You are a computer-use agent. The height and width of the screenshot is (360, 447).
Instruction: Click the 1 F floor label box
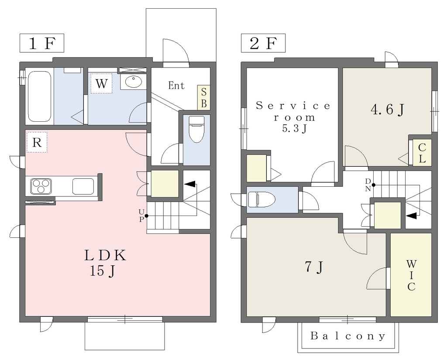pyautogui.click(x=41, y=43)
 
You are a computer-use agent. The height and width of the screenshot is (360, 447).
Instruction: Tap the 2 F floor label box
pyautogui.click(x=263, y=43)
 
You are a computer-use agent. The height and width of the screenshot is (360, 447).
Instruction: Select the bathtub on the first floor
pyautogui.click(x=40, y=96)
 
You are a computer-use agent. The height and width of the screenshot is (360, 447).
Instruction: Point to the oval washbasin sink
pyautogui.click(x=134, y=82)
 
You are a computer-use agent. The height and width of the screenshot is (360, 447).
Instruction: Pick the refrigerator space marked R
pyautogui.click(x=37, y=142)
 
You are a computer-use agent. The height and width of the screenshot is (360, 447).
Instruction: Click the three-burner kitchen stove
pyautogui.click(x=41, y=186)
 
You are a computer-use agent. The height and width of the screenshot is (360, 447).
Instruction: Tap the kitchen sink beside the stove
pyautogui.click(x=83, y=186)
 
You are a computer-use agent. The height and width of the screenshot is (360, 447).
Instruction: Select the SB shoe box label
pyautogui.click(x=204, y=98)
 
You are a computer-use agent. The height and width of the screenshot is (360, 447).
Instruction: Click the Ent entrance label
pyautogui.click(x=176, y=85)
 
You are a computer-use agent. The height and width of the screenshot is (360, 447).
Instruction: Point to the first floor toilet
pyautogui.click(x=196, y=130)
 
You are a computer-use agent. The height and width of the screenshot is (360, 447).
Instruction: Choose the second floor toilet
pyautogui.click(x=261, y=199)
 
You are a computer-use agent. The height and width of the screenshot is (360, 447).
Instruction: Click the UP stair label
pyautogui.click(x=141, y=216)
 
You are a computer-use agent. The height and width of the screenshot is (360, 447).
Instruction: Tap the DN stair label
pyautogui.click(x=368, y=185)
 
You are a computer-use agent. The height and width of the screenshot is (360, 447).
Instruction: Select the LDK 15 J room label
pyautogui.click(x=105, y=263)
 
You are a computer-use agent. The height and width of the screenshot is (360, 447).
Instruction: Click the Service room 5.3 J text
pyautogui.click(x=293, y=117)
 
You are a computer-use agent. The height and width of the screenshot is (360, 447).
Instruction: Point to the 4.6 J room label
pyautogui.click(x=388, y=110)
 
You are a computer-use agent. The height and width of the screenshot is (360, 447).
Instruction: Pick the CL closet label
pyautogui.click(x=422, y=153)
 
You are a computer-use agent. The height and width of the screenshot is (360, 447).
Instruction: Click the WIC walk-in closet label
pyautogui.click(x=411, y=275)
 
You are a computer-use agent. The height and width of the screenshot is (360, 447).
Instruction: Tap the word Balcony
pyautogui.click(x=348, y=336)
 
